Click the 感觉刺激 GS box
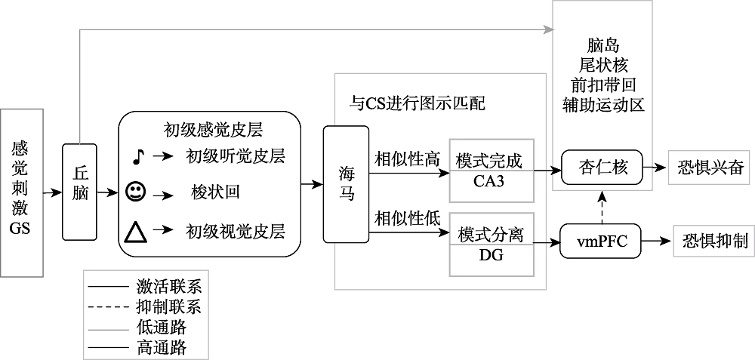(x=20, y=191)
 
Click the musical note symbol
(x=137, y=156)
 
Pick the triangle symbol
(x=136, y=232)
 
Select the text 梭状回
(x=216, y=192)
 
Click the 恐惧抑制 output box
(x=710, y=242)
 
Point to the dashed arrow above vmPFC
(x=602, y=206)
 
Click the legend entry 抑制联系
(x=168, y=307)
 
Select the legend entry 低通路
(x=161, y=328)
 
